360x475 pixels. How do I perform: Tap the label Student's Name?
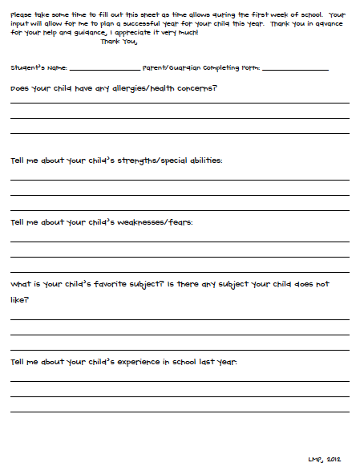coord(39,68)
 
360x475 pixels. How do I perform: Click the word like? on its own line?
coord(20,300)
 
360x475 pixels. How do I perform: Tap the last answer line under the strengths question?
coord(180,209)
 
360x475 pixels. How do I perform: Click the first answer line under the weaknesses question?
coord(180,241)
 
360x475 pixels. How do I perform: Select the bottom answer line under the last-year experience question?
coord(180,412)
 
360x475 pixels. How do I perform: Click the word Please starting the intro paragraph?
coord(21,15)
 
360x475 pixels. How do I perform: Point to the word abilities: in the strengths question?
coord(203,160)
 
